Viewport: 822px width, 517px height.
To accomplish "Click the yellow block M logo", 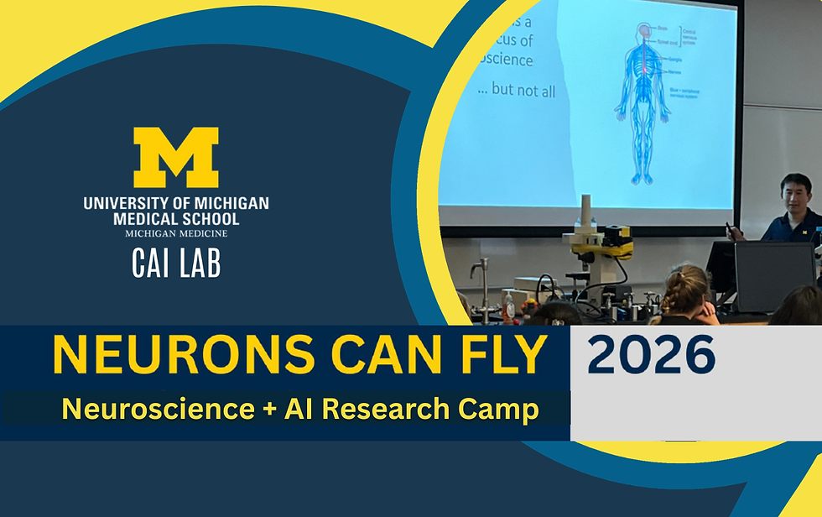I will (176, 157).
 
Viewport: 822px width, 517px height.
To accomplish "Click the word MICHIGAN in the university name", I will (227, 204).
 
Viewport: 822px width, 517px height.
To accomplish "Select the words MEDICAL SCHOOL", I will (176, 219).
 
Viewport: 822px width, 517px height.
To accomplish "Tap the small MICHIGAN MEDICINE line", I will (176, 232).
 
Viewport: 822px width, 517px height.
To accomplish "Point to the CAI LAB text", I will (176, 264).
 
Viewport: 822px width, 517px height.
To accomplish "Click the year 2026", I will (651, 356).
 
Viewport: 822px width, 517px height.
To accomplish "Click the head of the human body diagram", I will (642, 32).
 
